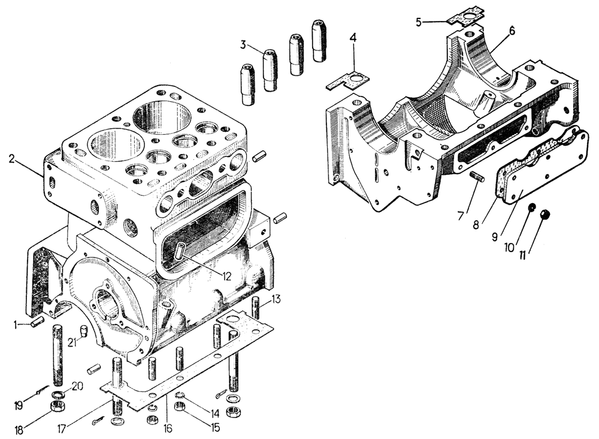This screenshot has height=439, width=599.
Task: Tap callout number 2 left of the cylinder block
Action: tap(12, 159)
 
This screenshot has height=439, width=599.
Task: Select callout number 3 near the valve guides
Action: tap(243, 44)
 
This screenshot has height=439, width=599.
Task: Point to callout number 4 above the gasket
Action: tap(353, 38)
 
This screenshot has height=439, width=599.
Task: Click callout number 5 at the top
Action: tap(420, 22)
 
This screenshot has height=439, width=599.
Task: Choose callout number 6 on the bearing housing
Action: tap(512, 30)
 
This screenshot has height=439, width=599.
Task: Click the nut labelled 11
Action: tap(545, 215)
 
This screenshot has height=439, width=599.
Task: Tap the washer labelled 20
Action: tap(57, 394)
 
